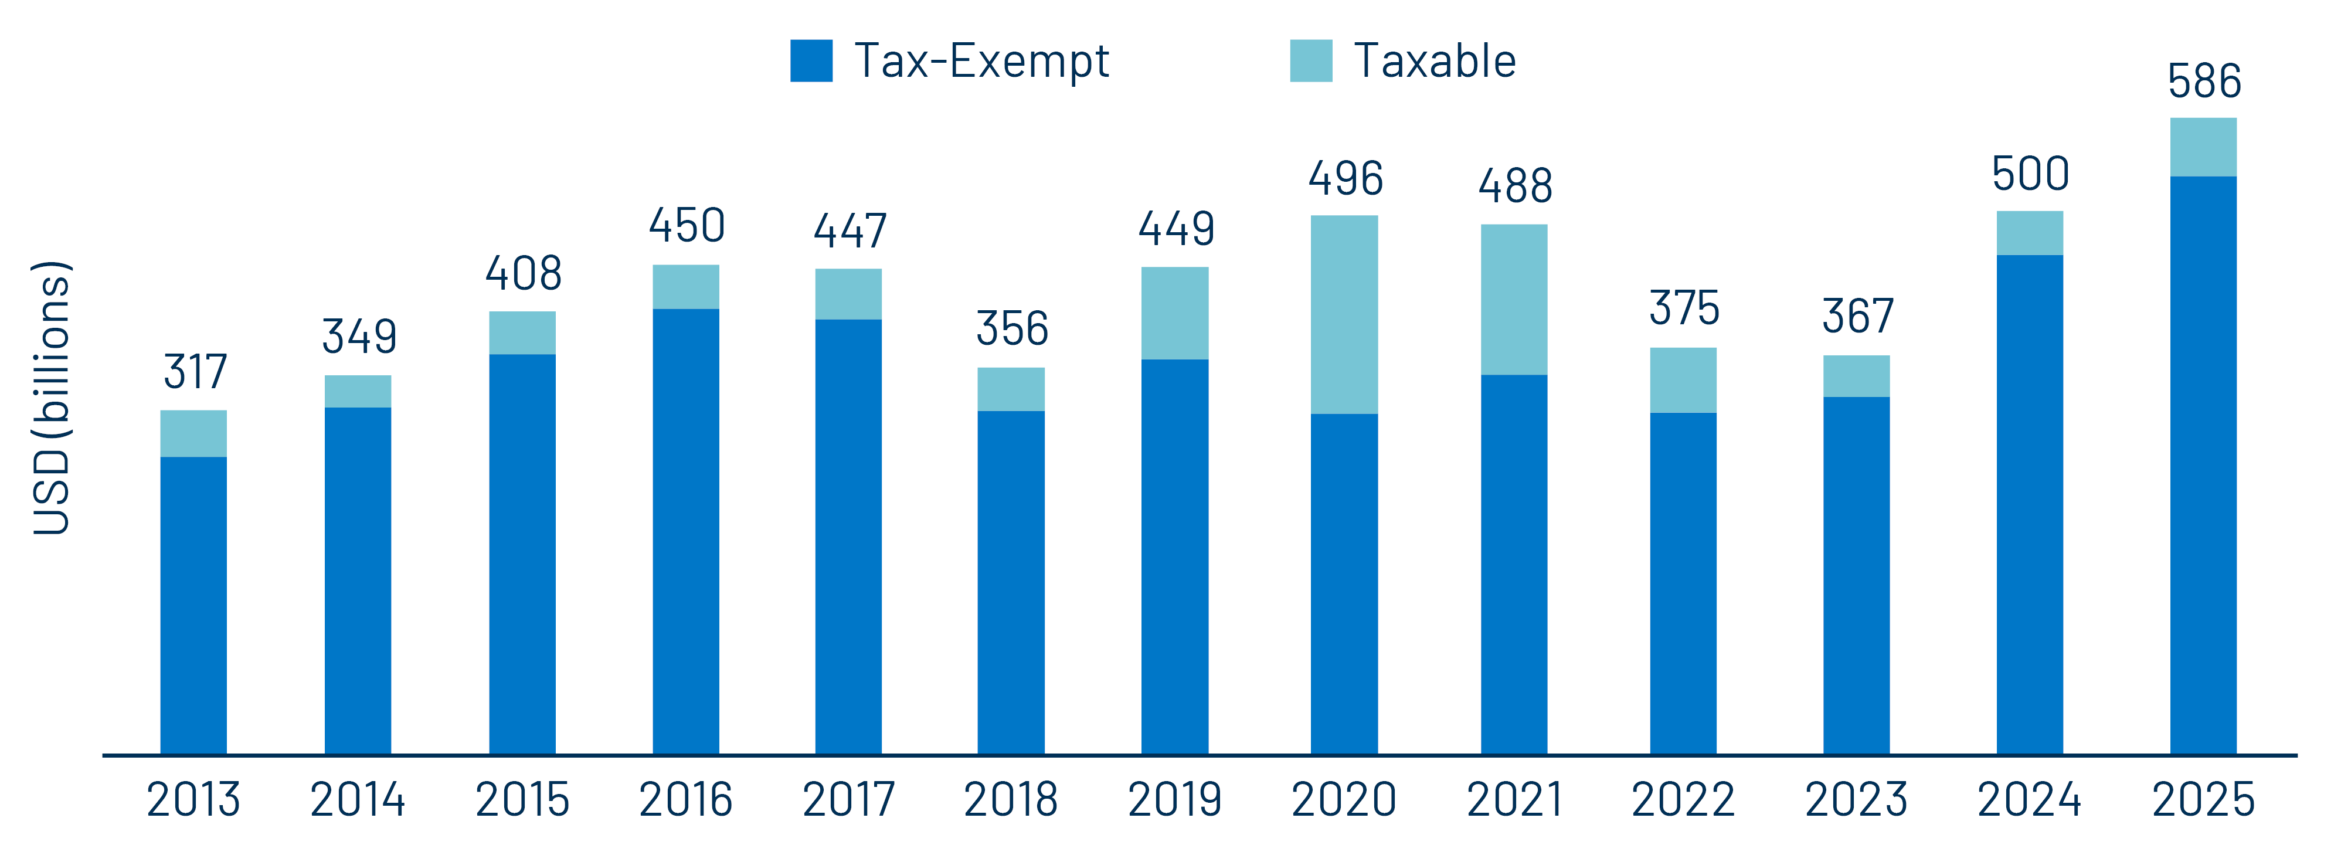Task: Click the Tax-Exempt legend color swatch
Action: (x=811, y=61)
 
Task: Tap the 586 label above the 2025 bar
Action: (x=2204, y=82)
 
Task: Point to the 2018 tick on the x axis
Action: (x=1011, y=800)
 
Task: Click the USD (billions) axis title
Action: (x=51, y=398)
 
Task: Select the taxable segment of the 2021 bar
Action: (x=1513, y=300)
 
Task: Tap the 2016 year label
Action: (x=685, y=800)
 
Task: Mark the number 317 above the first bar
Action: (x=195, y=372)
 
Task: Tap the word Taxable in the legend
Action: (x=1434, y=62)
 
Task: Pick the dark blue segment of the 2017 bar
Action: (x=848, y=536)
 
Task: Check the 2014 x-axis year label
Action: (x=357, y=800)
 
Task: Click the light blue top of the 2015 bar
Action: (x=522, y=332)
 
